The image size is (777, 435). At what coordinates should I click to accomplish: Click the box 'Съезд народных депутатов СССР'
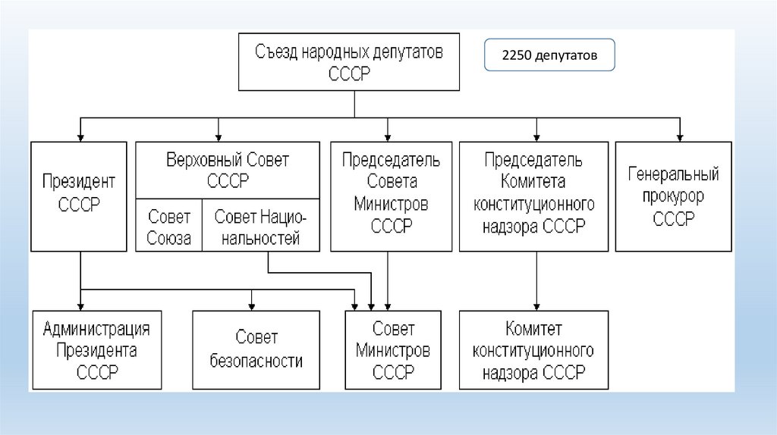coord(354,62)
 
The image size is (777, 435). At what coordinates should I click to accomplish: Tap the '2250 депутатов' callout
coord(549,56)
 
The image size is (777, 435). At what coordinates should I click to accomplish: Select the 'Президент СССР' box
coord(80,196)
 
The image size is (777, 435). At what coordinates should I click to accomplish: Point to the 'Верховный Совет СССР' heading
coord(228,171)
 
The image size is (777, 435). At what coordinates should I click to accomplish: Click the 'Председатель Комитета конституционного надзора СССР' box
coord(533,196)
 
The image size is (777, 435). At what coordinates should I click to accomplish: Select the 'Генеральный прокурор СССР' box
coord(673,196)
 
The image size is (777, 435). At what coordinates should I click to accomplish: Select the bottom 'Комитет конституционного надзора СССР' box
coord(533,350)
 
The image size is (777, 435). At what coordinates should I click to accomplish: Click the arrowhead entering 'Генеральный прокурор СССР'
coord(681,137)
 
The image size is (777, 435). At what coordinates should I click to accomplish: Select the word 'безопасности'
coord(256,361)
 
